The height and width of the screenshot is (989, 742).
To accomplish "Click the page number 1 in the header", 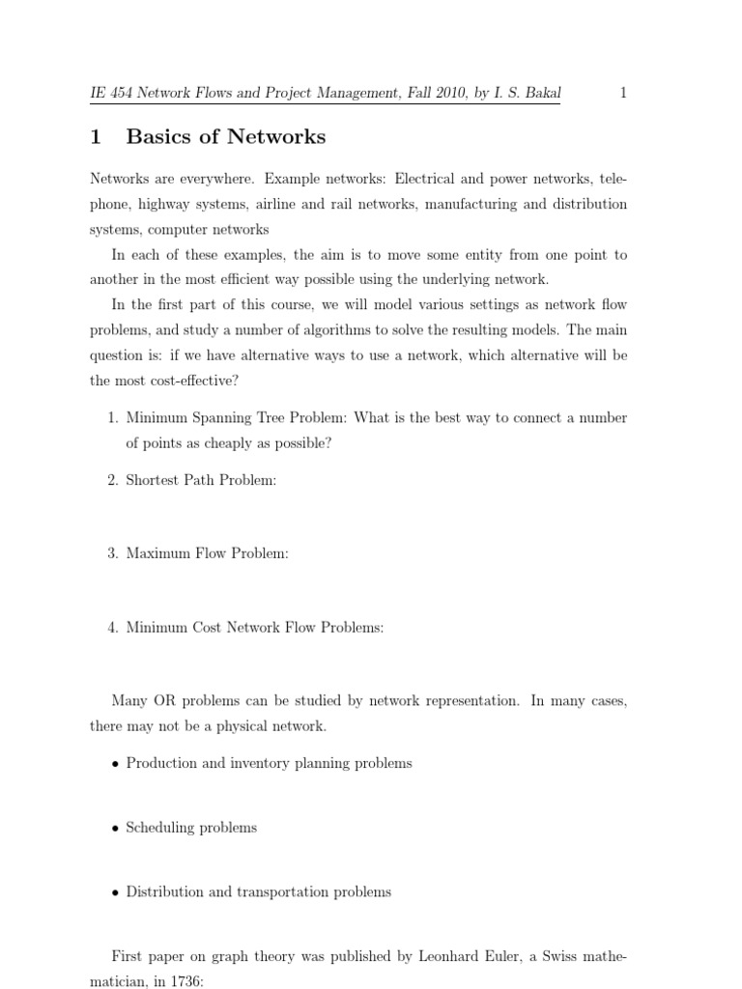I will pyautogui.click(x=623, y=94).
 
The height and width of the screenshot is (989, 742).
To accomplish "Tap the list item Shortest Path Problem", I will pyautogui.click(x=201, y=481).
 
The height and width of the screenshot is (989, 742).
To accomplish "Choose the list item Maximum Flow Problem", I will pyautogui.click(x=207, y=553).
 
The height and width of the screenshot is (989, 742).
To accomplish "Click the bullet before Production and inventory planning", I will pyautogui.click(x=115, y=764).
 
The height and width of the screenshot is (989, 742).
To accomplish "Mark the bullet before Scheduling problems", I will pyautogui.click(x=115, y=829).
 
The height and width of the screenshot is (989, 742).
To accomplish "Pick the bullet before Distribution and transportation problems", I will pyautogui.click(x=115, y=893).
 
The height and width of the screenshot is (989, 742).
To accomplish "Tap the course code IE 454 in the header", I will pyautogui.click(x=107, y=94).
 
